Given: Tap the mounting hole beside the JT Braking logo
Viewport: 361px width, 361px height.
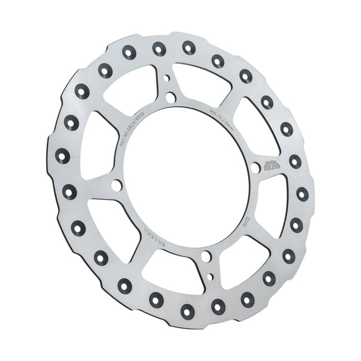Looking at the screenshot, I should click(x=255, y=167).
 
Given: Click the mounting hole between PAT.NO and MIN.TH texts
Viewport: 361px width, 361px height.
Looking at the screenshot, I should click(x=171, y=97).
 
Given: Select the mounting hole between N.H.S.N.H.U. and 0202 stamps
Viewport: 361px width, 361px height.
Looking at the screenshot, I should click(x=206, y=257).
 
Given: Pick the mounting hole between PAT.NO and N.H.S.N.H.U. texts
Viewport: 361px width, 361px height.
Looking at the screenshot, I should click(x=116, y=185).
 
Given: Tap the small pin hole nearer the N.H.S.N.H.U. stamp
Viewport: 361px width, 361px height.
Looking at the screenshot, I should click(x=210, y=275).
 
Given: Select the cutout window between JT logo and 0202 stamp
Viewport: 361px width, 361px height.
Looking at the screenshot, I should click(x=265, y=200).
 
